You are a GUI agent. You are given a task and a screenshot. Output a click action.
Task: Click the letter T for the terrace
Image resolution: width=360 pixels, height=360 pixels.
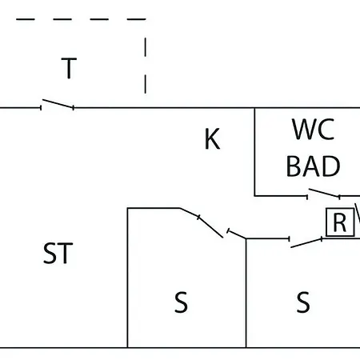69,68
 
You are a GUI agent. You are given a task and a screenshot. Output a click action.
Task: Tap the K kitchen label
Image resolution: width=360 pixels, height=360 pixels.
212,139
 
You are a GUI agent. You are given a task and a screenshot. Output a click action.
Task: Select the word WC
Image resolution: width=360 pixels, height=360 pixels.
314,130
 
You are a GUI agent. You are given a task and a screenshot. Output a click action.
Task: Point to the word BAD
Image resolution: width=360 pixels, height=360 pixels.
313,166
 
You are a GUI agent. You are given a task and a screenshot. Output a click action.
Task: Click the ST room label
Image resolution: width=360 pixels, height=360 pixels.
58,253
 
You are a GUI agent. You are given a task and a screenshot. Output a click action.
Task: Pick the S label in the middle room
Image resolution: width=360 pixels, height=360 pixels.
181,302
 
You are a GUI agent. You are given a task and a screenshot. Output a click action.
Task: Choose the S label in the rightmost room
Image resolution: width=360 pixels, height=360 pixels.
303,302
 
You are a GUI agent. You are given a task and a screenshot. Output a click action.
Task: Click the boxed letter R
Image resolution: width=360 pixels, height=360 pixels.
340,222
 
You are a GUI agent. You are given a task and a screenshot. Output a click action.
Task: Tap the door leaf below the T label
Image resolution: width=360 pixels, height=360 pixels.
58,104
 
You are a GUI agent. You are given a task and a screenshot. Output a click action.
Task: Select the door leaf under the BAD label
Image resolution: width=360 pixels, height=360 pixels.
324,193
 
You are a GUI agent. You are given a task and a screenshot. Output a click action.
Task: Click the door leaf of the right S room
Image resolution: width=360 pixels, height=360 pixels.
306,243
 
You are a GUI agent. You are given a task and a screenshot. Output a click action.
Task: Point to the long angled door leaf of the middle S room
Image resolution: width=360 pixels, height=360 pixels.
210,227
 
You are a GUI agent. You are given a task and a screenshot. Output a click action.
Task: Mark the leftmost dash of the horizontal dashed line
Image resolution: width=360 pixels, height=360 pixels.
26,19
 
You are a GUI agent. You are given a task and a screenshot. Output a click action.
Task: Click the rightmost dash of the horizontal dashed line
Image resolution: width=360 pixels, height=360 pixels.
136,19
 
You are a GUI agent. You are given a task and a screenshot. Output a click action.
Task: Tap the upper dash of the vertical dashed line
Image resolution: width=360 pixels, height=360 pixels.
146,47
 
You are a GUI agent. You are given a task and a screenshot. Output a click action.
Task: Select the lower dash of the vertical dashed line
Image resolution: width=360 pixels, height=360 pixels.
146,84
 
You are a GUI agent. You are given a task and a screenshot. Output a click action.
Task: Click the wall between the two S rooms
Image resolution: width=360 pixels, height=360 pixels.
246,293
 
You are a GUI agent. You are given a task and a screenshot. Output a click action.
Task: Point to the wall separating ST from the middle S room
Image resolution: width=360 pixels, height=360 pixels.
128,278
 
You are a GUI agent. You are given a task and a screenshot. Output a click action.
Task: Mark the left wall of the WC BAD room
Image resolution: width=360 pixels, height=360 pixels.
254,152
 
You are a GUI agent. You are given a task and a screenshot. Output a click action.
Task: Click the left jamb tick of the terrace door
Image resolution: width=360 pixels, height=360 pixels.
41,108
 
